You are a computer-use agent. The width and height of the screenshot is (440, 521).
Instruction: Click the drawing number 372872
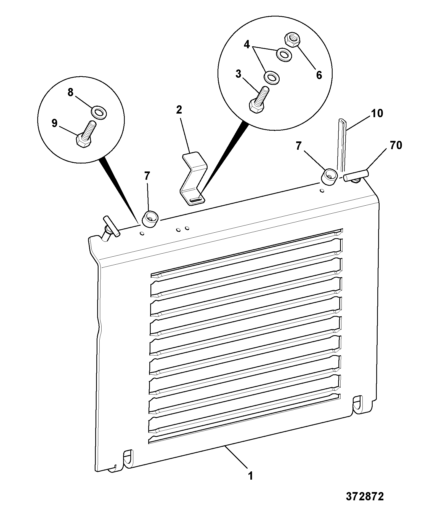click(x=365, y=496)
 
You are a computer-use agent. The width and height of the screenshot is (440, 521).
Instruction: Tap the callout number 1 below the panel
click(x=250, y=476)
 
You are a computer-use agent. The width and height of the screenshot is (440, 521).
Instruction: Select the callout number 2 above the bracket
click(x=179, y=110)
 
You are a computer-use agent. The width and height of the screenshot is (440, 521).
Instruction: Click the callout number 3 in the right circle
click(x=238, y=74)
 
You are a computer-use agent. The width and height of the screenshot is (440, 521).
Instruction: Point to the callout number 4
click(x=247, y=44)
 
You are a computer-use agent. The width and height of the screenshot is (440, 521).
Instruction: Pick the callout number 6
click(x=319, y=75)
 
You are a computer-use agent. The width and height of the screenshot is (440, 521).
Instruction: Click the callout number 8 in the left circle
click(x=71, y=93)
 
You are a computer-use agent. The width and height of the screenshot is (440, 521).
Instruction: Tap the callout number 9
click(x=54, y=123)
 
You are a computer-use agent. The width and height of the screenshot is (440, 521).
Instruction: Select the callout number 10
click(x=377, y=113)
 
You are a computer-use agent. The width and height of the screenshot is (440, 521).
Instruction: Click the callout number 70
click(x=396, y=145)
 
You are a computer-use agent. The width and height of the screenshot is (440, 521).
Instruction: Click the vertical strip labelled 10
click(x=341, y=146)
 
